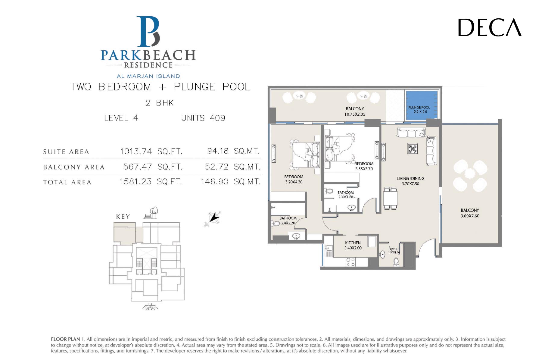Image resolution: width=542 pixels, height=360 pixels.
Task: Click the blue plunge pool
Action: click(422, 105)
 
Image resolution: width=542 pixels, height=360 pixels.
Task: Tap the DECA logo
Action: click(490, 27)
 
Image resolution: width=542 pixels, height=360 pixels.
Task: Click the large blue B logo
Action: click(148, 32)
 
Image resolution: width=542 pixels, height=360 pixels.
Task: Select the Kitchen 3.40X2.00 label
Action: click(353, 245)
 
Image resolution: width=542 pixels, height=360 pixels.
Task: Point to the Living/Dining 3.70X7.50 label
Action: click(410, 181)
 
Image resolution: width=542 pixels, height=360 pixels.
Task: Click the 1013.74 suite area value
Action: click(136, 151)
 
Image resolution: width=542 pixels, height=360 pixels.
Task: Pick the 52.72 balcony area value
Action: click(217, 167)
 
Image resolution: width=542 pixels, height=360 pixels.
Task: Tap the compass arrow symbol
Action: click(213, 218)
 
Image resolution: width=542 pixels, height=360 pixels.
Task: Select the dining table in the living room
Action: click(390, 198)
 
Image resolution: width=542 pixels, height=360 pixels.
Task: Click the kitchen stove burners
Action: click(350, 262)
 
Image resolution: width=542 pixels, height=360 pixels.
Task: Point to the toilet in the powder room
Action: click(396, 262)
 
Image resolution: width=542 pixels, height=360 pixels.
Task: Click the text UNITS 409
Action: click(203, 118)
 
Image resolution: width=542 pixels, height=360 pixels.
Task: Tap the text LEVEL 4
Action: click(121, 118)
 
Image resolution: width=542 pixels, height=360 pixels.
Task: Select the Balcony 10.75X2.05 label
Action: click(355, 111)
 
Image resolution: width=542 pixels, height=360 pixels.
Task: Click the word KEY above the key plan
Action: click(123, 217)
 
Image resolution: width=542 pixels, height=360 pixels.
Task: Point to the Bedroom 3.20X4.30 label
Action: click(294, 179)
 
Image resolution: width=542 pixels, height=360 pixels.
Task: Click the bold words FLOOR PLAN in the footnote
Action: click(65, 339)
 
